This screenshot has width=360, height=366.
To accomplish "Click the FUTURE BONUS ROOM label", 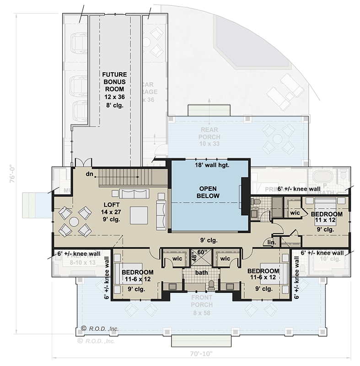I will coord(115,89).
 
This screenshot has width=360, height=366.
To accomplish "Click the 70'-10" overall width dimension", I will coord(199,353).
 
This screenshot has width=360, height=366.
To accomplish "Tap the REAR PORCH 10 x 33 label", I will coord(209,140).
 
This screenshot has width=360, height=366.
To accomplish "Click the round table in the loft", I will coord(74,221).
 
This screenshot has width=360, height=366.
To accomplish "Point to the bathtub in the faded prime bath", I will coord(323,176).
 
